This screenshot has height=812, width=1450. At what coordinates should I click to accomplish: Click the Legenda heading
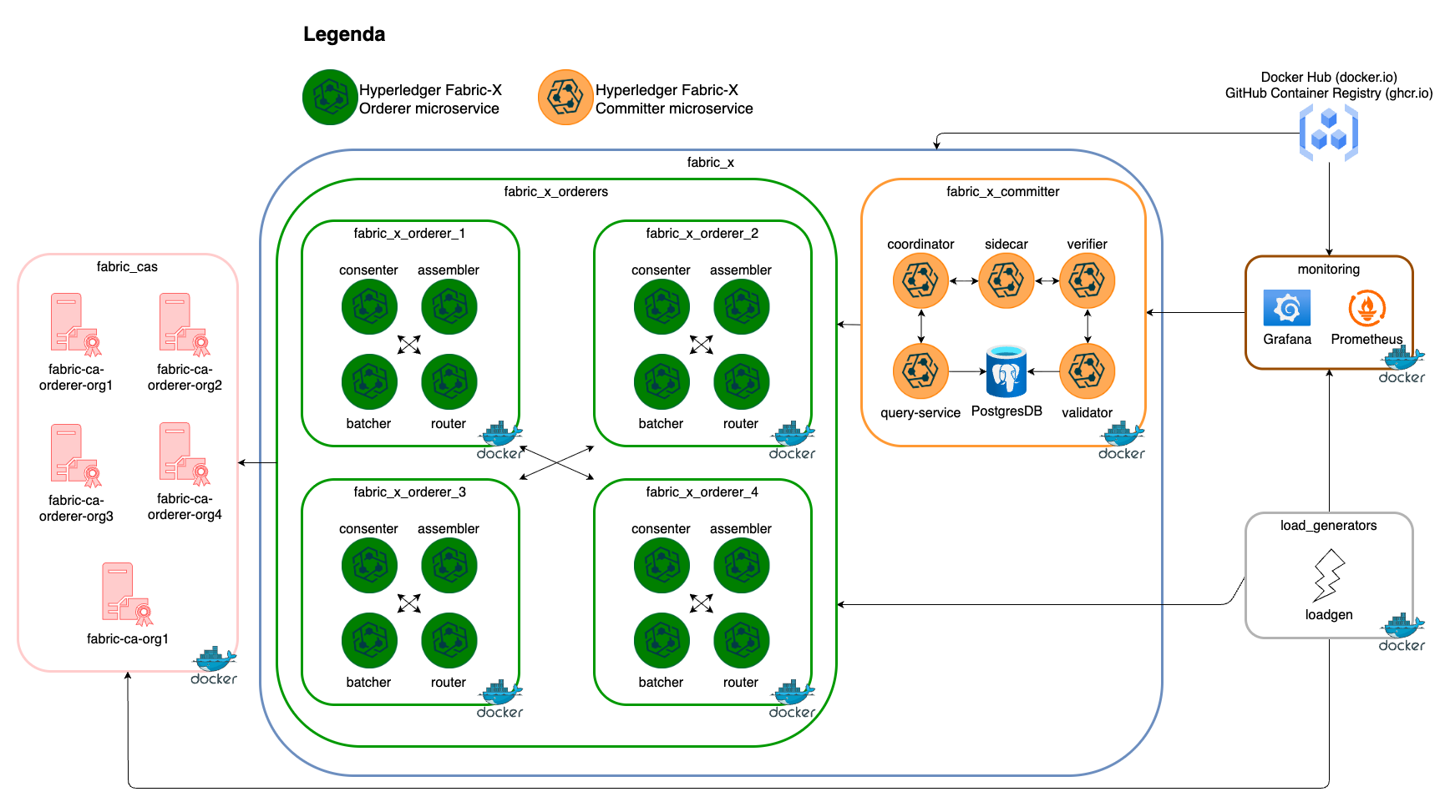click(x=344, y=34)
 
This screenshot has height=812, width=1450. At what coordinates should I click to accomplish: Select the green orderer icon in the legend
click(x=330, y=98)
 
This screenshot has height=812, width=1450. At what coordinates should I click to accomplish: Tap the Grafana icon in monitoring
click(x=1286, y=308)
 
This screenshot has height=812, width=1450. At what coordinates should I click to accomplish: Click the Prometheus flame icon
click(x=1366, y=308)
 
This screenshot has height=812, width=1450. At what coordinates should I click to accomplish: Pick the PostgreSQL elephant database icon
click(x=1006, y=371)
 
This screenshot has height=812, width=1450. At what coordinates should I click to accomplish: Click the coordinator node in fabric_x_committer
click(x=920, y=281)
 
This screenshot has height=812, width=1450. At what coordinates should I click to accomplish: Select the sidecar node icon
click(x=1006, y=281)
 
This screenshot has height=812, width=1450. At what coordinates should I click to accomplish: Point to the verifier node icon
click(x=1087, y=281)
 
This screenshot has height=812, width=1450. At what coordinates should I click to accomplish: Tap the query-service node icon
click(x=920, y=371)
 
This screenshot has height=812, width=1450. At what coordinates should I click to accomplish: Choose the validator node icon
click(x=1087, y=371)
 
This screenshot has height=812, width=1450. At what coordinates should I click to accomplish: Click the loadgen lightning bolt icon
click(x=1328, y=576)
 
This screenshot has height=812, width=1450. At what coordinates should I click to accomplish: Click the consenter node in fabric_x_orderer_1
click(x=368, y=307)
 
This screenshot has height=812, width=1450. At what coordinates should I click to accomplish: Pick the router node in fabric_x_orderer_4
click(x=741, y=641)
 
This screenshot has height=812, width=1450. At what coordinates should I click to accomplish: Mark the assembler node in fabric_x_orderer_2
click(x=741, y=307)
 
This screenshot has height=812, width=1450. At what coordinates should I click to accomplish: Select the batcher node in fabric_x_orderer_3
click(x=368, y=641)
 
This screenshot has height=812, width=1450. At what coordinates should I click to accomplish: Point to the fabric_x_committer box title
click(x=1002, y=192)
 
